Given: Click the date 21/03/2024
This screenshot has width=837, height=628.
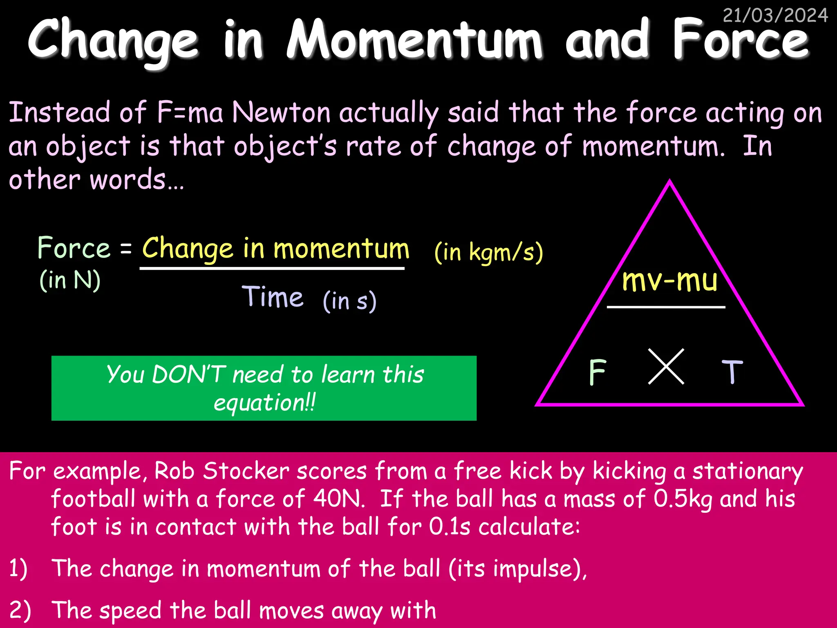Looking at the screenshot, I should pos(775,16).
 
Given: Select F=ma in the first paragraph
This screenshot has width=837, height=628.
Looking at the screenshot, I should pos(190,112).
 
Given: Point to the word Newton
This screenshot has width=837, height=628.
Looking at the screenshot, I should pos(281,112).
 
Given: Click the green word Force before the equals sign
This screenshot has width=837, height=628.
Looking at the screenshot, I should pos(74,248).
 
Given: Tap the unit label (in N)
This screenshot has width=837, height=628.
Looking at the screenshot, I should pos(70,280).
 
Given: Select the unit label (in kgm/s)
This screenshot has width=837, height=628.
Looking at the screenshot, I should pos(488,252).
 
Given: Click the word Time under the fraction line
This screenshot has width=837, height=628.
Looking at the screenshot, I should pos(273,297).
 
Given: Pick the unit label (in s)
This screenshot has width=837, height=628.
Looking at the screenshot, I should pos(349,301).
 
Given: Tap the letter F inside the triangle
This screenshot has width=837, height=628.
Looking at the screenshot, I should pos(598,372).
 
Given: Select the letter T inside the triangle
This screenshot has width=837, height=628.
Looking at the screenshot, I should pos(732,372).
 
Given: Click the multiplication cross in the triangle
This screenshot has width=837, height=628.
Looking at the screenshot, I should pos(666,366).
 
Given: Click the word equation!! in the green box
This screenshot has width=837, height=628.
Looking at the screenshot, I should pos(264,403).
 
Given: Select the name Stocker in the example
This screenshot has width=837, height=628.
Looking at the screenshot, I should pos(246,471).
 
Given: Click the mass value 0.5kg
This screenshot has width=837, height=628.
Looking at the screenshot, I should pos(683,499).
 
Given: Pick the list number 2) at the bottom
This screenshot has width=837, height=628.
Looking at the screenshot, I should pos(20,610).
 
